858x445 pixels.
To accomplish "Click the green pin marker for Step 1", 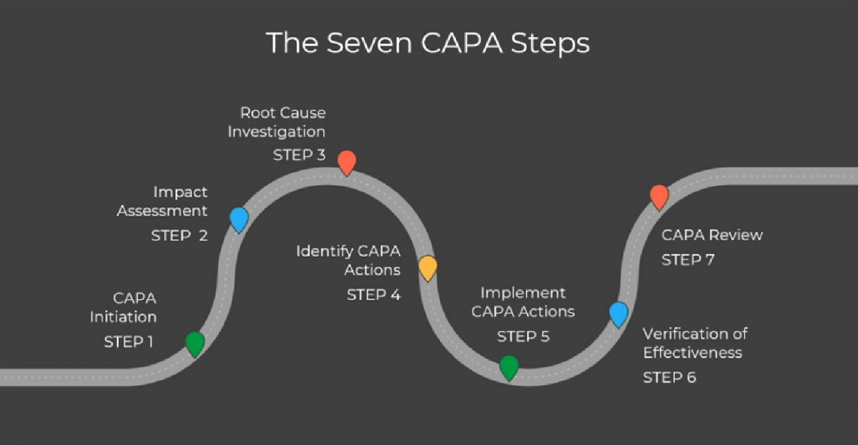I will [195, 343].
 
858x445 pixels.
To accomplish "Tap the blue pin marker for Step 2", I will [238, 219].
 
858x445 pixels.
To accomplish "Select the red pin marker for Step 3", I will [347, 162].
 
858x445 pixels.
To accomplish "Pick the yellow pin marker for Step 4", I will [428, 267].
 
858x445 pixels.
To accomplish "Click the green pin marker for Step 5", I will [509, 367].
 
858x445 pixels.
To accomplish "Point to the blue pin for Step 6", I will [618, 313].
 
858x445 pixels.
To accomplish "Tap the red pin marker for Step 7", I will [659, 196].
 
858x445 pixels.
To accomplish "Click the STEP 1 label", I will [129, 342].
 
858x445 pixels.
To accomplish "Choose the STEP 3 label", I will [299, 154].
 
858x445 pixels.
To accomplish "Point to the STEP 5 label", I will [523, 337].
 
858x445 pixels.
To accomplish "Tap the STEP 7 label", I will [688, 260].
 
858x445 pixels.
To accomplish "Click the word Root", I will [257, 113].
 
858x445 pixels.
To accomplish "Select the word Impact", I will [180, 192].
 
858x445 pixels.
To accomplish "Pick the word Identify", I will [324, 251].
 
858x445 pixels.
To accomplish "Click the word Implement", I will [523, 292].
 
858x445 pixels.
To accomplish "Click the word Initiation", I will [123, 317].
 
